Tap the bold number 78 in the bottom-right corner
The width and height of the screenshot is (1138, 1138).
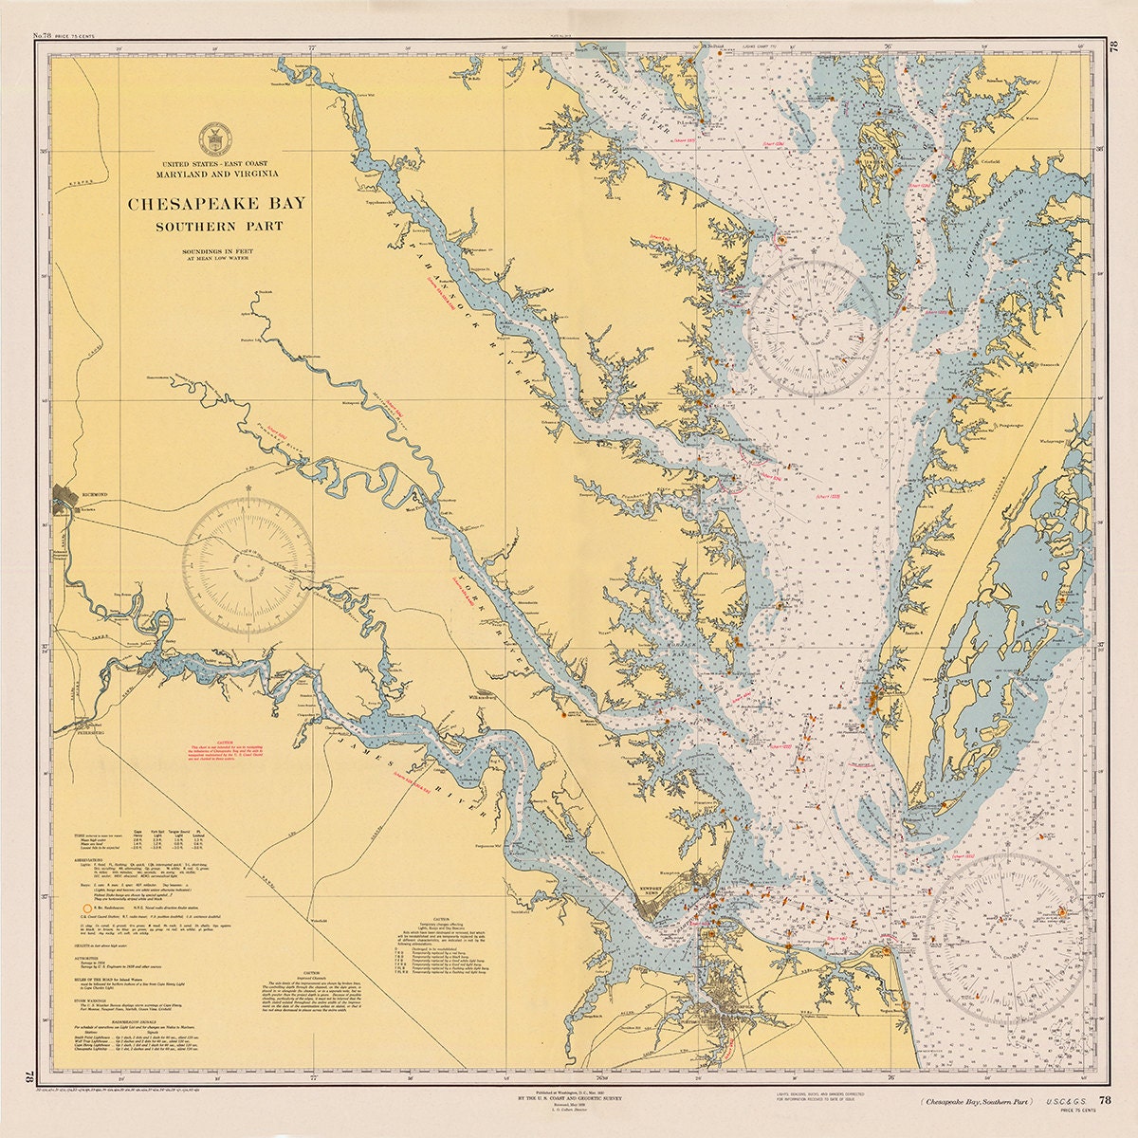point(1105,1100)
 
